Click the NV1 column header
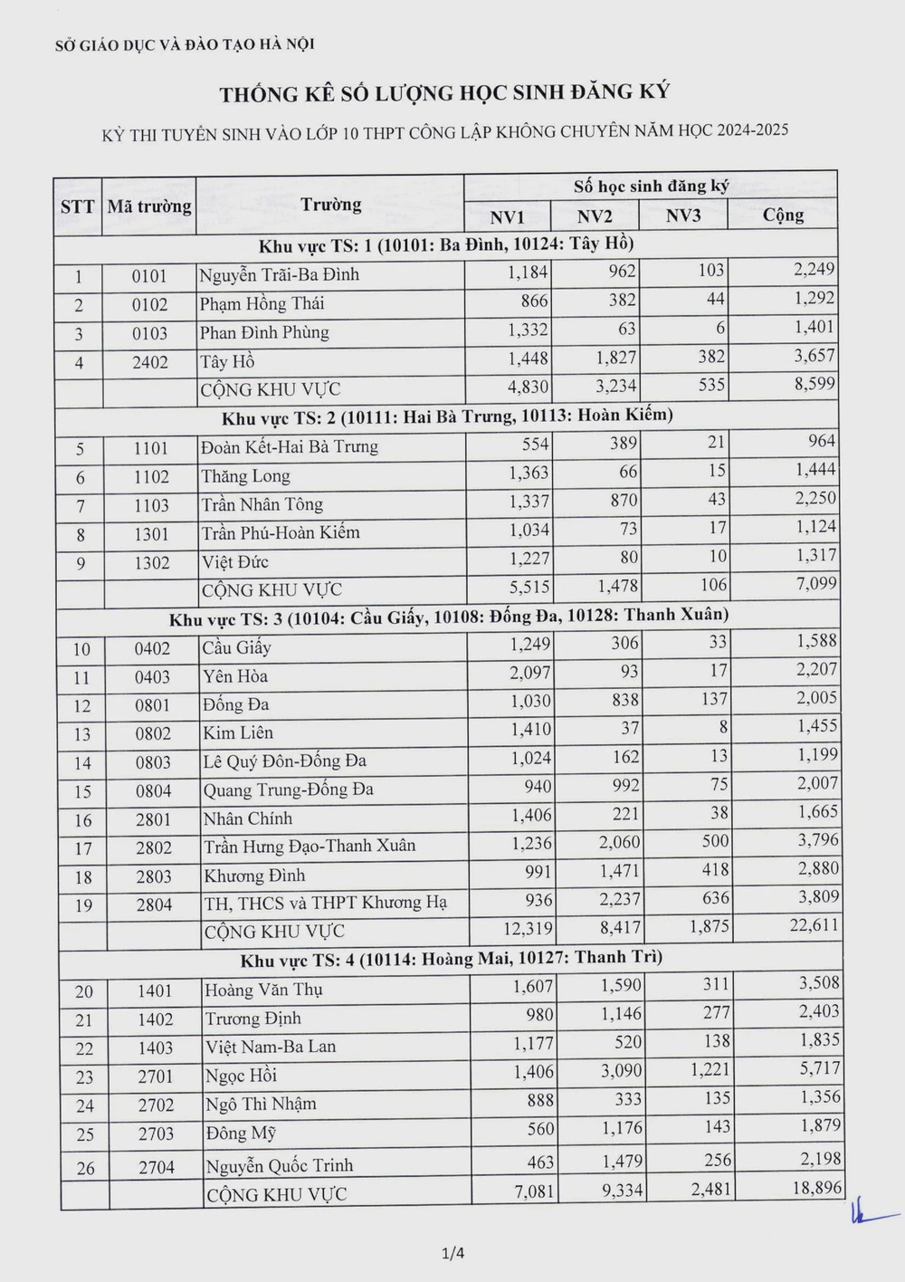click(507, 217)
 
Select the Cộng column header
click(783, 215)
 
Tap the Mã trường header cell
click(149, 206)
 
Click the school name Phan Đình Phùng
click(264, 332)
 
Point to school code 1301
click(151, 534)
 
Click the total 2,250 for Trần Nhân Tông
click(815, 498)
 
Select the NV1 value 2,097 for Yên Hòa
click(529, 673)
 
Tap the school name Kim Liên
click(238, 732)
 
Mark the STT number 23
click(84, 1076)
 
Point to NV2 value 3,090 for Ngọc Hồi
click(621, 1071)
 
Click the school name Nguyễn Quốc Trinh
click(279, 1165)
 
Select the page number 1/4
click(452, 1254)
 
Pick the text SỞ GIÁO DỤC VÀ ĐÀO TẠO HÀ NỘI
click(185, 43)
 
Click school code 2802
click(154, 848)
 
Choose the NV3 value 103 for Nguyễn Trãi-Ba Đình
click(710, 271)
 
